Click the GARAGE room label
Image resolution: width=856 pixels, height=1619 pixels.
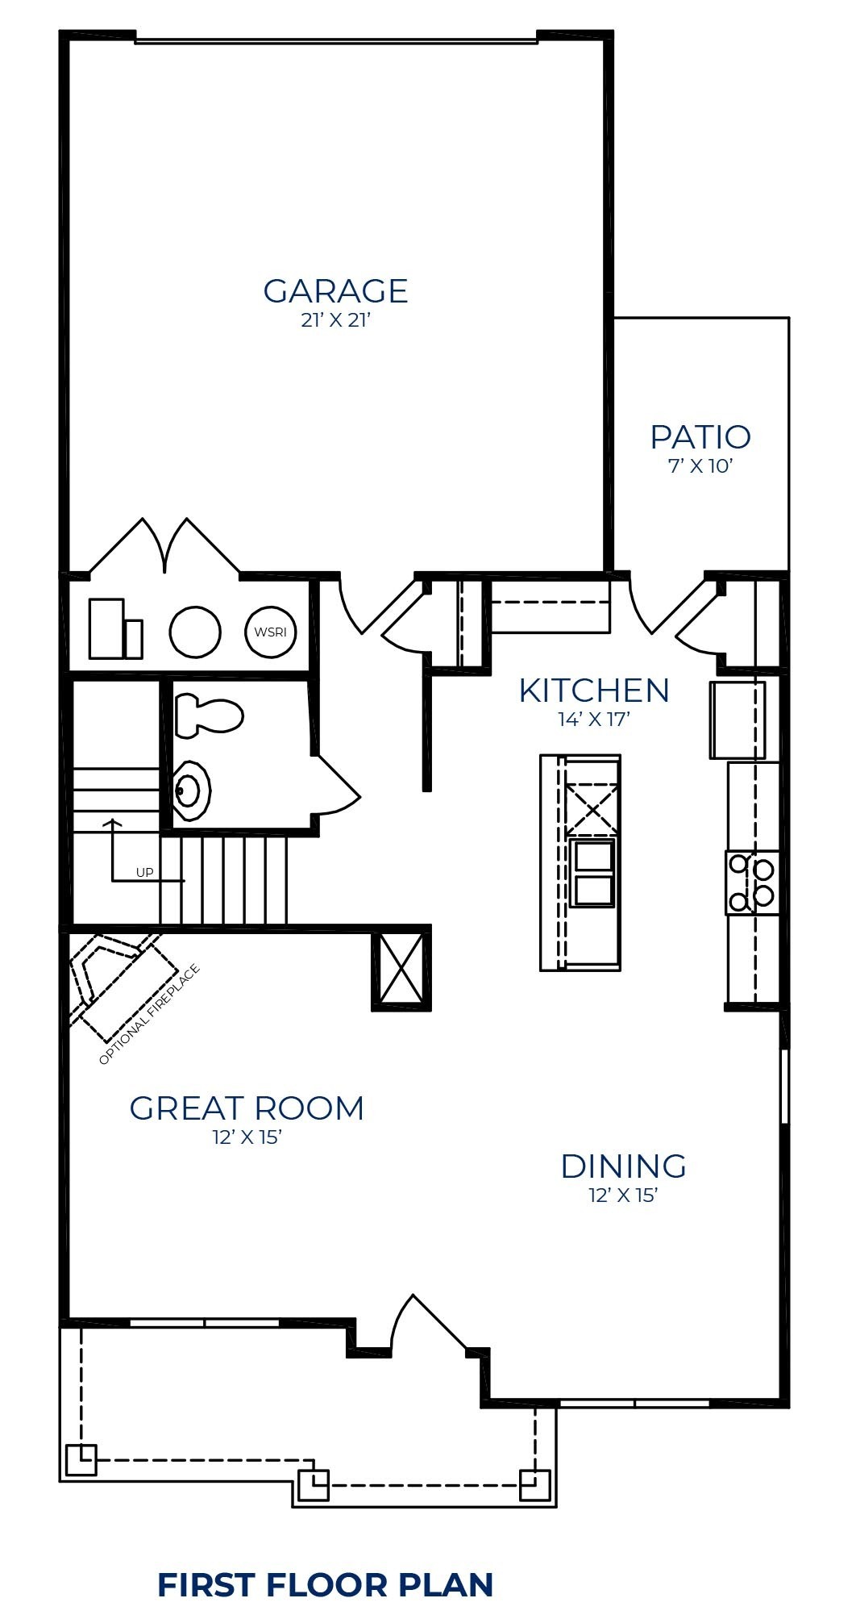pyautogui.click(x=335, y=290)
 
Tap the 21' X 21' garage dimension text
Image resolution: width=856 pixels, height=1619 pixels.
pyautogui.click(x=335, y=320)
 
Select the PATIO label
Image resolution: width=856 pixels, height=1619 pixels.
pyautogui.click(x=700, y=437)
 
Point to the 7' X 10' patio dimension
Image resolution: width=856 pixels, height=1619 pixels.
pyautogui.click(x=700, y=466)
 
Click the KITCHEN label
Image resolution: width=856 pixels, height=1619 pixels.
pyautogui.click(x=594, y=691)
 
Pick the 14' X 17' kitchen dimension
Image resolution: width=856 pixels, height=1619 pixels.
pyautogui.click(x=594, y=720)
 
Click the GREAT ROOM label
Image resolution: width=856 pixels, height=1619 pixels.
pyautogui.click(x=247, y=1108)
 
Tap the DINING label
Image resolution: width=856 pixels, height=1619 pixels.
pyautogui.click(x=623, y=1166)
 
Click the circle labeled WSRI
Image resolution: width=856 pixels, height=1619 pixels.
pyautogui.click(x=271, y=632)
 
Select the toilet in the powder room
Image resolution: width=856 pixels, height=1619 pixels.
pyautogui.click(x=209, y=715)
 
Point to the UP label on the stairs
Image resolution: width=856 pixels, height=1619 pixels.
pyautogui.click(x=144, y=872)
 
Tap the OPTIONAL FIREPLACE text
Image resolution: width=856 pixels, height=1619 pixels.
pyautogui.click(x=148, y=1015)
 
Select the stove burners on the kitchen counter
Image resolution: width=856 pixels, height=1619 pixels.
pyautogui.click(x=752, y=883)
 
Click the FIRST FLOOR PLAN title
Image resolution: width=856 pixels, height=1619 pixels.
pyautogui.click(x=326, y=1584)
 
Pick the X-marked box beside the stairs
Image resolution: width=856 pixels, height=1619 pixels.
pyautogui.click(x=401, y=969)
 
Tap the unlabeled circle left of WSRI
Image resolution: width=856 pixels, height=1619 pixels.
pyautogui.click(x=195, y=632)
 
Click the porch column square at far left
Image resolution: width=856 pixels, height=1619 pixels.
pyautogui.click(x=81, y=1459)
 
